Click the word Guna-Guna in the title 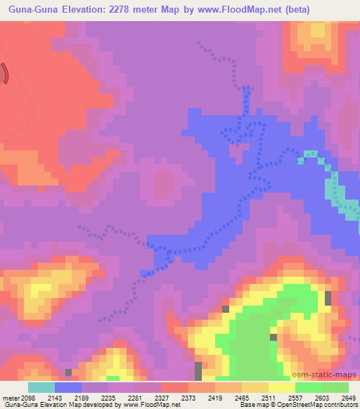pyautogui.click(x=32, y=10)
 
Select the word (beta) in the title pyautogui.click(x=303, y=10)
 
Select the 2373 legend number pyautogui.click(x=188, y=398)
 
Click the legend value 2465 pyautogui.click(x=241, y=398)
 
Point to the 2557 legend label pyautogui.click(x=295, y=398)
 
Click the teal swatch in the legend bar pyautogui.click(x=41, y=387)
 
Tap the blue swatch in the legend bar pyautogui.click(x=67, y=387)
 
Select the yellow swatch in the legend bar pyautogui.click(x=281, y=387)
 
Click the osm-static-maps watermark pyautogui.click(x=328, y=375)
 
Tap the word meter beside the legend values pyautogui.click(x=9, y=398)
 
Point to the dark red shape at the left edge pyautogui.click(x=4, y=73)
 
